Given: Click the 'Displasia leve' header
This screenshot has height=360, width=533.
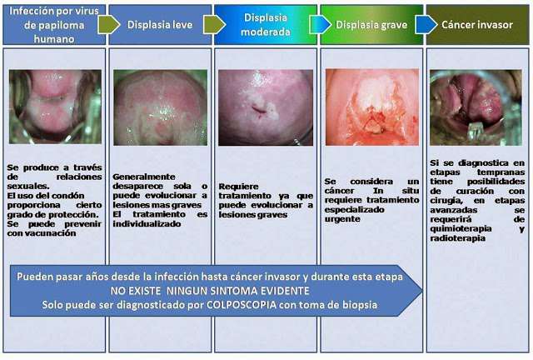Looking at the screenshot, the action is pyautogui.click(x=160, y=25).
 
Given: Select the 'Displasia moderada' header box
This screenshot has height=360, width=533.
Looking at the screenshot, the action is pyautogui.click(x=266, y=25).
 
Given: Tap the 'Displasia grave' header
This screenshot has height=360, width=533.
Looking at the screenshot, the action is pyautogui.click(x=371, y=25).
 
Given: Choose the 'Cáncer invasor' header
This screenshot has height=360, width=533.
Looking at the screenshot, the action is pyautogui.click(x=477, y=25).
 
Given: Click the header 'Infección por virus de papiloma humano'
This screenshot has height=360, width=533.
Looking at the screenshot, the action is pyautogui.click(x=54, y=25).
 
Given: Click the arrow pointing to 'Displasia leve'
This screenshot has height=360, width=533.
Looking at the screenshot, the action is pyautogui.click(x=109, y=25).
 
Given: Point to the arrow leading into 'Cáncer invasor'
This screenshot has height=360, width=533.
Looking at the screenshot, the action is pyautogui.click(x=426, y=25).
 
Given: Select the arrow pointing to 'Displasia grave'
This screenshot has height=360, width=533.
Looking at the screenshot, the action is pyautogui.click(x=320, y=25).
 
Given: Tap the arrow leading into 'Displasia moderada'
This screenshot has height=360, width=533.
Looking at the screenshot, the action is pyautogui.click(x=215, y=25).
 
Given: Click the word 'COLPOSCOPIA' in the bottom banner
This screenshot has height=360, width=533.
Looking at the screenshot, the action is pyautogui.click(x=242, y=304).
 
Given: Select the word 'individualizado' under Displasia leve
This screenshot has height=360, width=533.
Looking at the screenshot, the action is pyautogui.click(x=147, y=224).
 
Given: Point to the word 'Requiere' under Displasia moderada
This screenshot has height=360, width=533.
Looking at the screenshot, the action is pyautogui.click(x=239, y=187).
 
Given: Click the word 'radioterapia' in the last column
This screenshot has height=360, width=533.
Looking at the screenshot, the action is pyautogui.click(x=457, y=238).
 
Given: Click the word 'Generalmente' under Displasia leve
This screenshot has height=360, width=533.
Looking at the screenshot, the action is pyautogui.click(x=144, y=177).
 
